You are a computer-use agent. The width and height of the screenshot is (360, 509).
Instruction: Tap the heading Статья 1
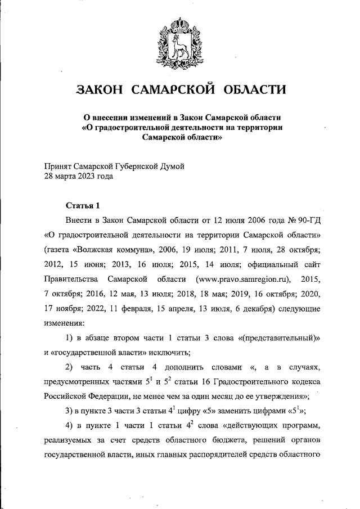[83, 204]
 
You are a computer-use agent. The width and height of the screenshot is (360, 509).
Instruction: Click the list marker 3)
[70, 410]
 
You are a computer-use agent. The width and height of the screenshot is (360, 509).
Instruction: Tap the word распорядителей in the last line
[227, 454]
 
